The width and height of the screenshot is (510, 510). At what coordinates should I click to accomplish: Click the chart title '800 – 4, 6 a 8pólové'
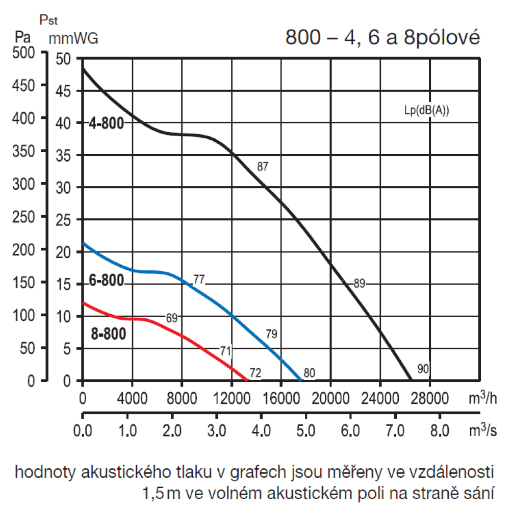(x=382, y=38)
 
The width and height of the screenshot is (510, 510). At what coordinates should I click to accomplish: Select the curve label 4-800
(x=106, y=123)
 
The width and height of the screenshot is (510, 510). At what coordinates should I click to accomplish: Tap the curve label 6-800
(x=106, y=281)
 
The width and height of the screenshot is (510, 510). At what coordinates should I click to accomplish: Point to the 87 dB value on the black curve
(x=263, y=166)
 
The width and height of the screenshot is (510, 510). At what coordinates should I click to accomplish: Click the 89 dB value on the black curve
(x=359, y=284)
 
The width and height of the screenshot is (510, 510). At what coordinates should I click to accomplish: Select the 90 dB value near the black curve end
(x=422, y=369)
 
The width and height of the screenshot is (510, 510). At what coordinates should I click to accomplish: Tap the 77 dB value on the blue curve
(x=199, y=279)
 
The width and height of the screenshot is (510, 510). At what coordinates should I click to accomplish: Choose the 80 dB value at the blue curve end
(x=309, y=373)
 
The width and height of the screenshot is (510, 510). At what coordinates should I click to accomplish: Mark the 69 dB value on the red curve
(x=172, y=318)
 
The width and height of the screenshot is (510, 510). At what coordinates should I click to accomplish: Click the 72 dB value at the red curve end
(x=256, y=373)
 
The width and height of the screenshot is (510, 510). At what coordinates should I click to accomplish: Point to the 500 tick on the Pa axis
(x=23, y=53)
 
